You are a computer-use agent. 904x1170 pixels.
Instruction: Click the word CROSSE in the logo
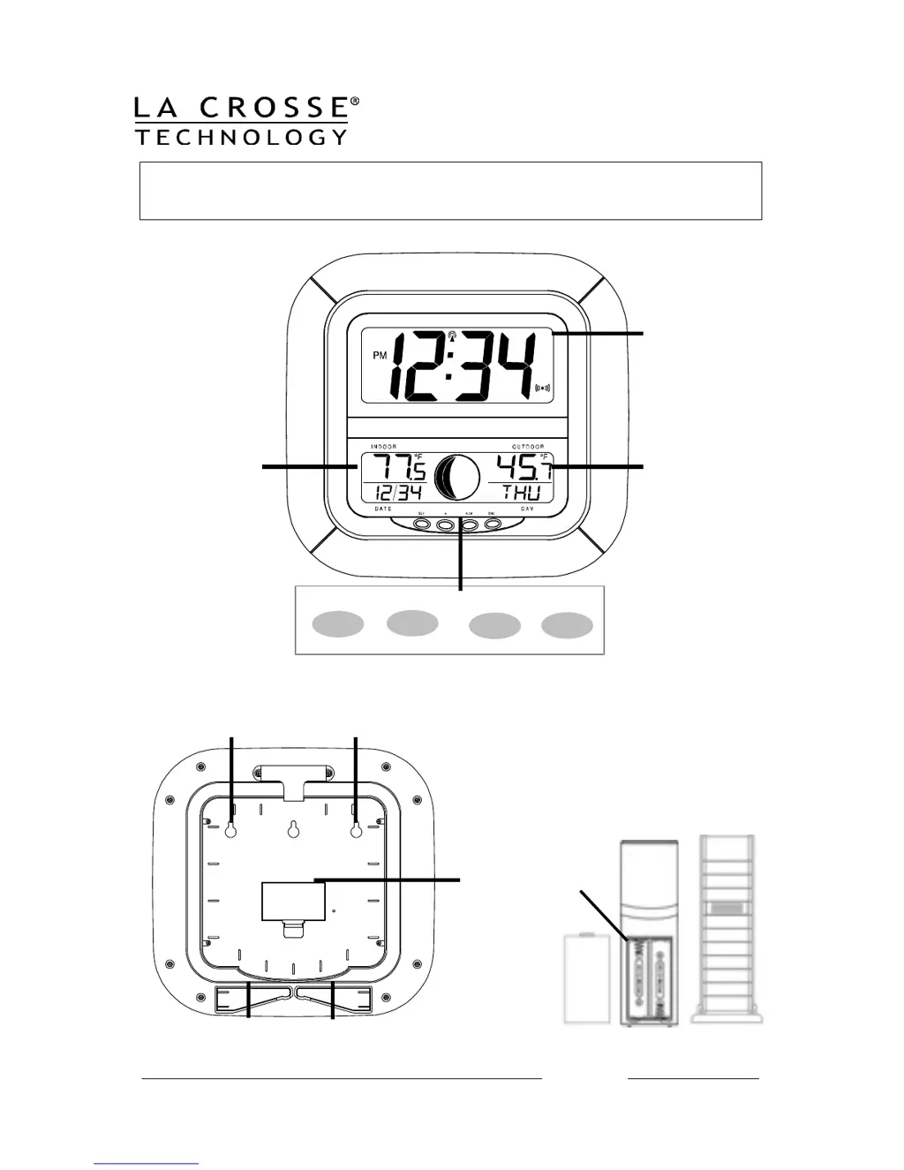(274, 109)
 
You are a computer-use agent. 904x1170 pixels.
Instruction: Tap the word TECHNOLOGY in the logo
(241, 137)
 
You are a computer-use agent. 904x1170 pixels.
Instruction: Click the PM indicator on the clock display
(380, 356)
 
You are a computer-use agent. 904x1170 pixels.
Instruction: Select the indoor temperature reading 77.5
(399, 468)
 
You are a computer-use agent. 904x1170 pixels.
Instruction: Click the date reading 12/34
(397, 493)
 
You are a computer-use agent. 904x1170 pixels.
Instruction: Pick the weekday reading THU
(521, 493)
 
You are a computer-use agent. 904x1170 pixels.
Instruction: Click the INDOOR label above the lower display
(384, 447)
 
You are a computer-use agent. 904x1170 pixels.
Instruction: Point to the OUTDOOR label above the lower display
(527, 447)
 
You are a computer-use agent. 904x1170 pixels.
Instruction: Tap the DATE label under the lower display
(383, 509)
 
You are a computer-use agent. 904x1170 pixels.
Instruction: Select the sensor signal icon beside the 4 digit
(543, 387)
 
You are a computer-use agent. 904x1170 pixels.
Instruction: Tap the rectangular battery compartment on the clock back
(289, 899)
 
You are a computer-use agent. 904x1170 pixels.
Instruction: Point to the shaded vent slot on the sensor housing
(727, 908)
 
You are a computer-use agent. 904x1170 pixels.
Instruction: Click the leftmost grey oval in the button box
(338, 623)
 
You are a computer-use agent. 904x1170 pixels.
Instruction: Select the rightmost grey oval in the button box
(567, 625)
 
